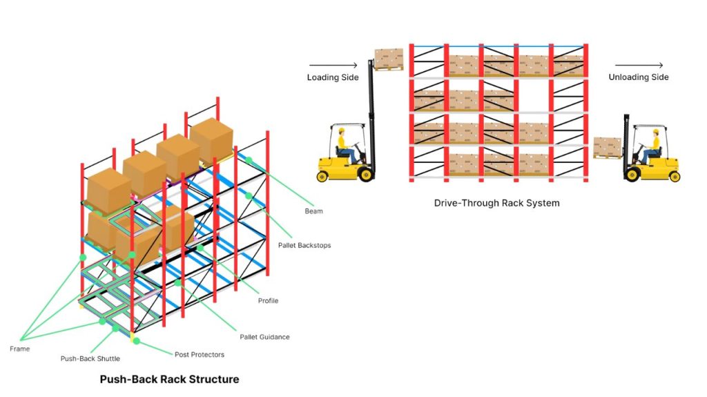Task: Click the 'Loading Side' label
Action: (333, 77)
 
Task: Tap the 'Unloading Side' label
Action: (638, 77)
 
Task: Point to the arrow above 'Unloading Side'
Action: (634, 66)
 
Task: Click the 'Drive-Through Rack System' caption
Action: (496, 203)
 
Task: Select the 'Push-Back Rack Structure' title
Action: (169, 379)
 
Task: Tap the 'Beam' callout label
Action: (313, 211)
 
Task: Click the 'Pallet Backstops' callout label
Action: (304, 245)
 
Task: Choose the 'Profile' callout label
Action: (268, 301)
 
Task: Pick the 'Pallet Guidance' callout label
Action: (264, 337)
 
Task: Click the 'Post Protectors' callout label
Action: (199, 355)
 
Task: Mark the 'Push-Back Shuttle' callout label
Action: (90, 359)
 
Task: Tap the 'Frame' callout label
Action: (21, 349)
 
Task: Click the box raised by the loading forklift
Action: (388, 58)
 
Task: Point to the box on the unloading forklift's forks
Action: (607, 146)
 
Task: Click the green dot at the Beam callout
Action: (249, 160)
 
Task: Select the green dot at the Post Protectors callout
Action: (136, 341)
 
